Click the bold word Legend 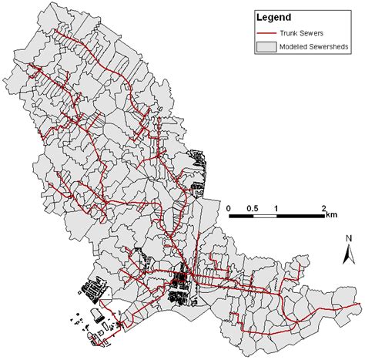(x=273, y=18)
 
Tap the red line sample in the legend (x=269, y=33)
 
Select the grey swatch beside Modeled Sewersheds (x=269, y=47)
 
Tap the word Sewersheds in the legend (x=332, y=47)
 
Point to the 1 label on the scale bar (x=276, y=208)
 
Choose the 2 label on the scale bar (x=323, y=208)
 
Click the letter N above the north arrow (x=348, y=238)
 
